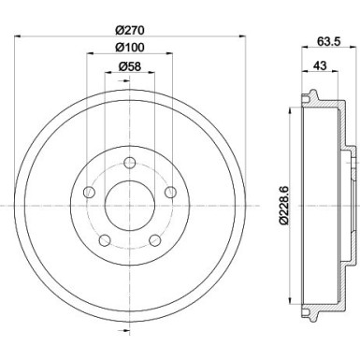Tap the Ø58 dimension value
(130, 65)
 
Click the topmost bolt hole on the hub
(130, 164)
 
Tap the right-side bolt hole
(169, 193)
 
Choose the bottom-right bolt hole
(154, 239)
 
